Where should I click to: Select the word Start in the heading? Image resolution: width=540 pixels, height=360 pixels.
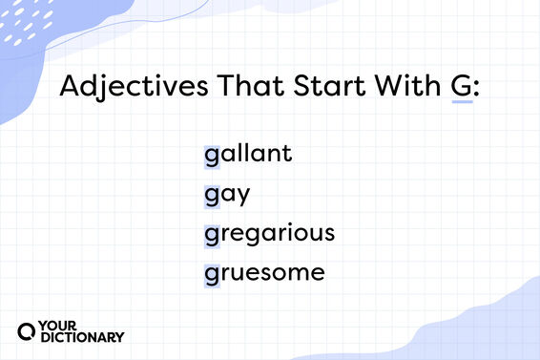point(307,88)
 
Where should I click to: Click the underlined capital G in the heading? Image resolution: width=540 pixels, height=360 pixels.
point(461,88)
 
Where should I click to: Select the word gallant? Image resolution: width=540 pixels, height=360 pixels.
point(247,153)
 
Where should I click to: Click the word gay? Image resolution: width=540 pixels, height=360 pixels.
point(226,195)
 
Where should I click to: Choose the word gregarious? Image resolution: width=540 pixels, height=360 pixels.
point(268,234)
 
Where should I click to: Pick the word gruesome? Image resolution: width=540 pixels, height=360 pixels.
point(264,273)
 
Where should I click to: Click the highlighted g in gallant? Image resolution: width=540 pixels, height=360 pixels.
point(211,155)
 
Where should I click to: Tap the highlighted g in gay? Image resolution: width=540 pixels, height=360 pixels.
point(211,196)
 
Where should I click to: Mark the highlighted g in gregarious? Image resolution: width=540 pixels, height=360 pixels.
point(211,235)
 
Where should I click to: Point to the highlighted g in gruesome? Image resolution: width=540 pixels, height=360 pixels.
point(211,275)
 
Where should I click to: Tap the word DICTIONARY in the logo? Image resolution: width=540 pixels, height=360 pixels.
point(84,337)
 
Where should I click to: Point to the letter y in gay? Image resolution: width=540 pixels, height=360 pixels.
point(242,197)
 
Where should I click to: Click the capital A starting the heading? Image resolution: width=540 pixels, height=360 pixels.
point(69,88)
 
